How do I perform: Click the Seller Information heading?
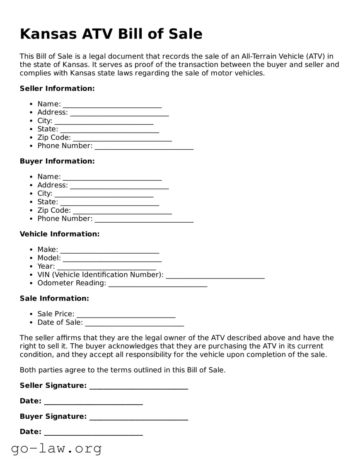click(x=57, y=88)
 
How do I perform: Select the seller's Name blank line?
click(x=112, y=104)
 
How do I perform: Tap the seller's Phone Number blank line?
click(x=144, y=146)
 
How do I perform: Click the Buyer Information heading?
click(x=57, y=161)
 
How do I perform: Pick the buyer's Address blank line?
click(x=119, y=186)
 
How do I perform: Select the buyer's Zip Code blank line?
click(x=122, y=211)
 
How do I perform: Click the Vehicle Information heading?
click(x=60, y=234)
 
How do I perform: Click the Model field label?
click(x=49, y=258)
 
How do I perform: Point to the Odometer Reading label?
click(x=72, y=283)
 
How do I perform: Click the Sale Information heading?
click(x=54, y=299)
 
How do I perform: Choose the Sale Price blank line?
click(x=126, y=315)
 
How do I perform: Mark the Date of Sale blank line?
click(x=134, y=323)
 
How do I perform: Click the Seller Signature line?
click(x=138, y=386)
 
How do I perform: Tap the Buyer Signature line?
click(x=138, y=417)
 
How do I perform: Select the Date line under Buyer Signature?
click(x=93, y=432)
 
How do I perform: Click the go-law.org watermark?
click(x=56, y=449)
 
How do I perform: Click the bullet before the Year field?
click(x=31, y=267)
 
